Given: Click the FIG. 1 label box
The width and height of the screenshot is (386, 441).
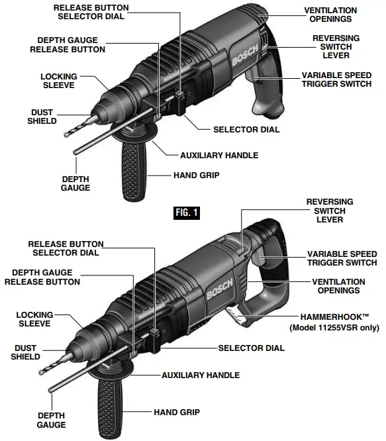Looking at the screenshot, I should pos(186,213).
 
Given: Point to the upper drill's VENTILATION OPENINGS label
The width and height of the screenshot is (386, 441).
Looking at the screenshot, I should pos(330,15).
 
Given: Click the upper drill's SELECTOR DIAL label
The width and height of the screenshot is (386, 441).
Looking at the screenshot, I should pos(246,130).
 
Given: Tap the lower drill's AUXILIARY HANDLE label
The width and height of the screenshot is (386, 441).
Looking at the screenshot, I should pos(201,375).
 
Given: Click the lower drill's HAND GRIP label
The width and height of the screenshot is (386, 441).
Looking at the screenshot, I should pos(176,411).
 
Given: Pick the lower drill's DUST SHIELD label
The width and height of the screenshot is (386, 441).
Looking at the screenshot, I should pos(24,352).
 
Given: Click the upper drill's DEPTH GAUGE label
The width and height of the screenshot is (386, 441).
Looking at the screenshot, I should pos(75,183).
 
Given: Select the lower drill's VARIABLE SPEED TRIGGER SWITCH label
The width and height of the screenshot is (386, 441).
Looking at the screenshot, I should pos(342,259).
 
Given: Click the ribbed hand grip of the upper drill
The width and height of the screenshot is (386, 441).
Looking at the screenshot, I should pos(130,171).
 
